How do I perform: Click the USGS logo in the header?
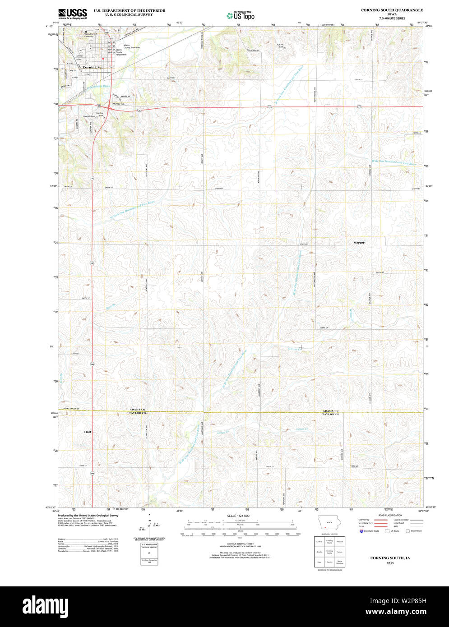pyautogui.click(x=72, y=13)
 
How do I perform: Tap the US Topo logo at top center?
pyautogui.click(x=241, y=16)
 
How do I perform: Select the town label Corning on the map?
pyautogui.click(x=89, y=67)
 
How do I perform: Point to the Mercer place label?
pyautogui.click(x=359, y=243)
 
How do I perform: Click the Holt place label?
pyautogui.click(x=88, y=432)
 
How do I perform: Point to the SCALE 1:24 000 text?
pyautogui.click(x=238, y=516)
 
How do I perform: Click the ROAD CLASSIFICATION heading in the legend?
pyautogui.click(x=390, y=515)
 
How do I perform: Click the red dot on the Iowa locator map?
pyautogui.click(x=325, y=527)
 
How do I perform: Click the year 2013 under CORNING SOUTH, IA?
pyautogui.click(x=390, y=563)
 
